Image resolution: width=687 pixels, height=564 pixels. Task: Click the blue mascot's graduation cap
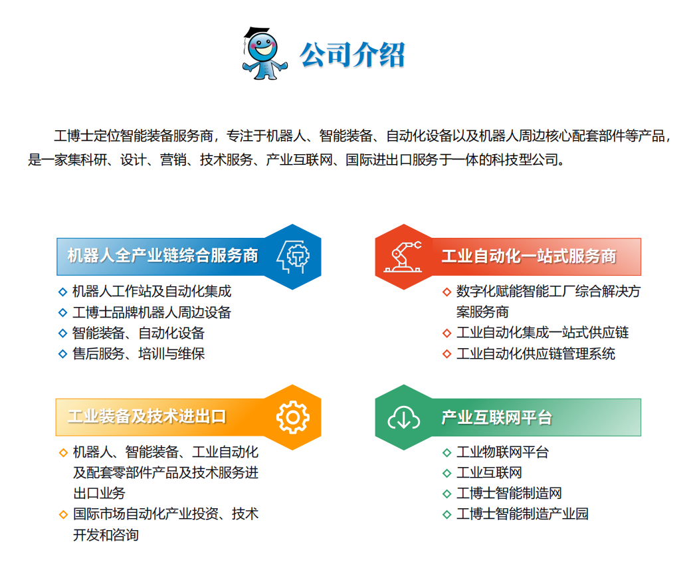point(256,33)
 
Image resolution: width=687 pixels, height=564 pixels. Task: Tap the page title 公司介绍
point(352,54)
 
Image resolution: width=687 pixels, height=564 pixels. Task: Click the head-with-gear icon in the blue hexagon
point(293,257)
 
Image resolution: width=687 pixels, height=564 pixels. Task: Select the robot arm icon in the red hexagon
point(403,257)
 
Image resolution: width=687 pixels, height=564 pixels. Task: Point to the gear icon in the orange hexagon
point(293,417)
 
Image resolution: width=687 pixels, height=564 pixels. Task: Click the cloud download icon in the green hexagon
point(403,418)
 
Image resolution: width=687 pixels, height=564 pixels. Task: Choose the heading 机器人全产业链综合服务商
point(163,256)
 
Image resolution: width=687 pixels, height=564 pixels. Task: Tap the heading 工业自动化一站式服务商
point(529,256)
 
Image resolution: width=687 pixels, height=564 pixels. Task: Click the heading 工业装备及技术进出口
point(147,417)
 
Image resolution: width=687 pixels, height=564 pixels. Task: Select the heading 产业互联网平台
point(496,418)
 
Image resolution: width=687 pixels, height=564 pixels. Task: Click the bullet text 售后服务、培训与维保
point(138,353)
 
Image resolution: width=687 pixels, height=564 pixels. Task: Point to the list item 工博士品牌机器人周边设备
point(151,312)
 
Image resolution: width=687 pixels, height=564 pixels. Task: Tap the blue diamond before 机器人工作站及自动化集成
point(62,292)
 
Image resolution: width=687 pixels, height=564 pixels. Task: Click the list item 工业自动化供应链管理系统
point(536,353)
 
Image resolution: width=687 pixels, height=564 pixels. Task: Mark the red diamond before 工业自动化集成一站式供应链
point(447,333)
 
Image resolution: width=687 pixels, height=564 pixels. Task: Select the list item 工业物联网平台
point(502,452)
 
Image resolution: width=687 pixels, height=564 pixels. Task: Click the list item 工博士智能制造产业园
point(522,514)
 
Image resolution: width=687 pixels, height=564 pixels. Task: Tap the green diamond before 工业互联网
point(447,473)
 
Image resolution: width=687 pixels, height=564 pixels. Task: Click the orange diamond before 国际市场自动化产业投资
point(63,514)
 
